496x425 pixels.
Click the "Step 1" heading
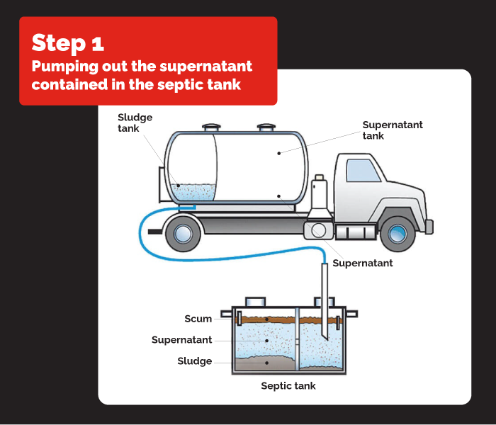tap(68, 42)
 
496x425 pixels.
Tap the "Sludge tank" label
tap(135, 123)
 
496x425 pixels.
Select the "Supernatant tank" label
tap(392, 130)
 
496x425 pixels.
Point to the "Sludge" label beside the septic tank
tap(194, 361)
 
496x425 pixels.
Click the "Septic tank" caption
tap(288, 386)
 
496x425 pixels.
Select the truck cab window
tap(363, 171)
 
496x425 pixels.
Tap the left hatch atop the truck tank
tap(211, 128)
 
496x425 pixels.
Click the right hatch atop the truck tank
tap(266, 128)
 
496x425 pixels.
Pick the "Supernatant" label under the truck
tap(362, 263)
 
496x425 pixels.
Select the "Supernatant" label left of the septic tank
tap(181, 340)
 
